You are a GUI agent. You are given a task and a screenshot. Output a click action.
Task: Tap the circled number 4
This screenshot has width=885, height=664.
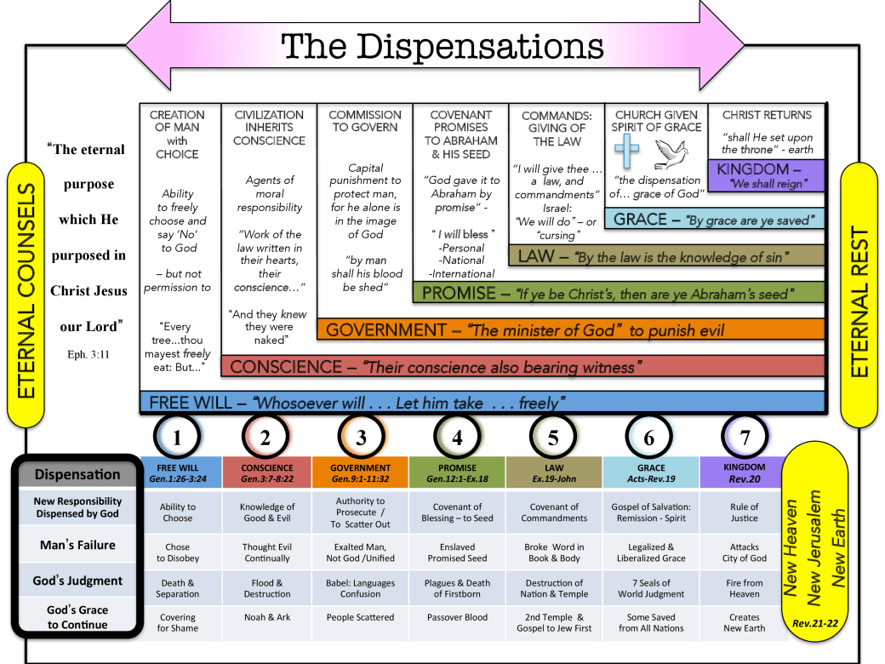[457, 438]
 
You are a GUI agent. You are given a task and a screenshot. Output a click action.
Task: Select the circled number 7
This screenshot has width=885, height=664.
[745, 438]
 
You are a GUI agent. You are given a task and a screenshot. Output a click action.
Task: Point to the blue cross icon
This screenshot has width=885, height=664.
[626, 155]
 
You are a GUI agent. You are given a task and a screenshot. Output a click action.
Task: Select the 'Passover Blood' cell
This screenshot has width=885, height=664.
[457, 617]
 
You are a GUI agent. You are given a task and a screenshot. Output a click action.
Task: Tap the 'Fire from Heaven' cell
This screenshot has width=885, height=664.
[745, 588]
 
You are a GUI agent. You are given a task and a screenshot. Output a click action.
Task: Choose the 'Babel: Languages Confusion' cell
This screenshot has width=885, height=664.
[361, 588]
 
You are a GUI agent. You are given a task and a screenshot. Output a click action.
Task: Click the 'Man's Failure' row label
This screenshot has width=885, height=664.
[77, 544]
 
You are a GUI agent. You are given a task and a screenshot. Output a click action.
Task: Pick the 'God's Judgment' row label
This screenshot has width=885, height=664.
[77, 581]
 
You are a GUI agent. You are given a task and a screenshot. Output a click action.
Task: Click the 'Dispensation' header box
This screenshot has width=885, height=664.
[77, 474]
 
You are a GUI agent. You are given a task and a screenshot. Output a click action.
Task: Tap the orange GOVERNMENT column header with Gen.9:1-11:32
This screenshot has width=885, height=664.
[361, 472]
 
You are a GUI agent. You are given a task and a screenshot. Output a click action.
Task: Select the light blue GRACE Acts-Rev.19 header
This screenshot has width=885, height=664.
[651, 472]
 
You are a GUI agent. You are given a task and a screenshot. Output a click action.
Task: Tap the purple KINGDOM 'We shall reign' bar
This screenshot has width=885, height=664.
[766, 175]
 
